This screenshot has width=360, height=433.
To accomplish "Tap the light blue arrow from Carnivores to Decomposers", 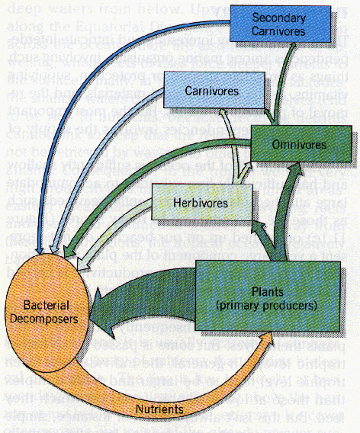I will (99, 145).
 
